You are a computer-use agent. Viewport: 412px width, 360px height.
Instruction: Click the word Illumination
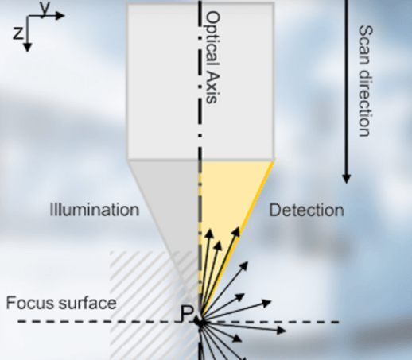(95, 210)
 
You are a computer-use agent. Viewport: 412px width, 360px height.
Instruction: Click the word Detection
(306, 211)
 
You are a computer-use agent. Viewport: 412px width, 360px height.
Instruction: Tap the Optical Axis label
(213, 57)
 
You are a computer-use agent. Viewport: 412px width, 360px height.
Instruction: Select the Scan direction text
(366, 81)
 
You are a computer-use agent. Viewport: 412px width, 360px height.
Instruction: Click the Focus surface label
(61, 303)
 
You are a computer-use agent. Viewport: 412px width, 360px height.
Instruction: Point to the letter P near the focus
(187, 313)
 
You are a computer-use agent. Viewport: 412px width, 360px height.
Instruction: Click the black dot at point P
(200, 322)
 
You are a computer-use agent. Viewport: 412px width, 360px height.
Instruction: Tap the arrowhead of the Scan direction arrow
(346, 179)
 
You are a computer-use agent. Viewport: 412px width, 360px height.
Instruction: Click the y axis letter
(45, 9)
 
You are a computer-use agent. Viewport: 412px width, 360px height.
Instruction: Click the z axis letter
(17, 33)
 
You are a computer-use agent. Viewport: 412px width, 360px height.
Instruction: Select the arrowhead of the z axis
(28, 47)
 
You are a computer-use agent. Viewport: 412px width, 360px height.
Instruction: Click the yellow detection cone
(228, 201)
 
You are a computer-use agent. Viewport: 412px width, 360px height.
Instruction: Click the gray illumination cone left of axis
(173, 201)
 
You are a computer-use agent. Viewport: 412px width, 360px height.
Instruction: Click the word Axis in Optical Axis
(213, 87)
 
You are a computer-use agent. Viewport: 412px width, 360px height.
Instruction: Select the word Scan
(366, 41)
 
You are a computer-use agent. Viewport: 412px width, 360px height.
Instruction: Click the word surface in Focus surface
(86, 303)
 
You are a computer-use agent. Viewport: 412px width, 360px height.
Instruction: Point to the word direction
(366, 100)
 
